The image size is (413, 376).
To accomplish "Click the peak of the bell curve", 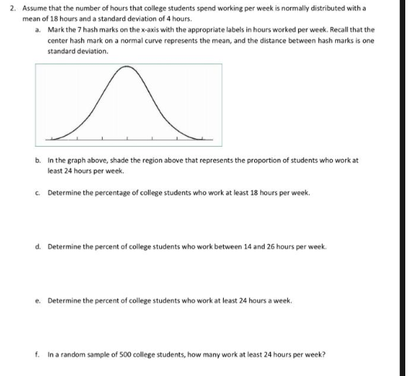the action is (127, 69).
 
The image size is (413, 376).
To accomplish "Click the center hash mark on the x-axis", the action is (127, 138).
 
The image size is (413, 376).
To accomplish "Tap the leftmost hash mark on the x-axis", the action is (51, 138).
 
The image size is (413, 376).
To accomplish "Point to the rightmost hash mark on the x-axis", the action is (202, 138).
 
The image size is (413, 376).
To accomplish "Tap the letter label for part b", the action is (38, 161).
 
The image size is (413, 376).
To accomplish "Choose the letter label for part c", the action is (38, 192).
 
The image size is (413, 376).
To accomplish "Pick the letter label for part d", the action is (38, 246).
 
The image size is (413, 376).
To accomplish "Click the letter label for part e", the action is (38, 300).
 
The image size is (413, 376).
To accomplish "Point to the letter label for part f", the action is (38, 354).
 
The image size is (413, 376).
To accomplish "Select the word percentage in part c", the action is (107, 192).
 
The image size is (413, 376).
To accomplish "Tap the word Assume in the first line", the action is (36, 6).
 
